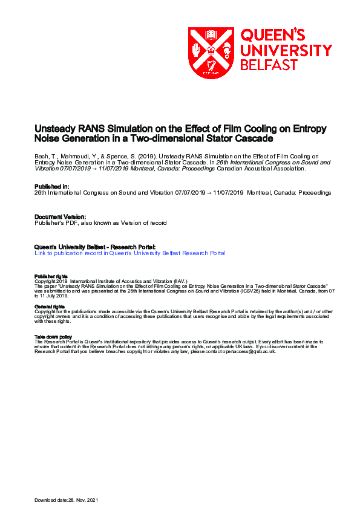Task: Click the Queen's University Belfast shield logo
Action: coord(211,53)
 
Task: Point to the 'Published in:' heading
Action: coord(52,187)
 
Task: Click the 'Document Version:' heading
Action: coord(61,216)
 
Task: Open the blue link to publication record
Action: coord(130,253)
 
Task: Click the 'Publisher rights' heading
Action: coord(51,276)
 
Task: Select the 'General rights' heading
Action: coord(50,306)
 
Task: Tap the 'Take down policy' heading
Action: coord(53,337)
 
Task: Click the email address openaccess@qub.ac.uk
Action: coord(250,351)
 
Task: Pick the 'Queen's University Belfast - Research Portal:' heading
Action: coord(95,247)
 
